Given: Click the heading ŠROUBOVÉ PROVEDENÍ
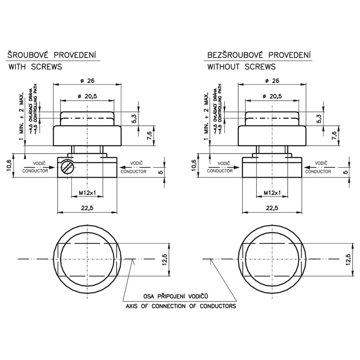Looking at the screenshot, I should [x=51, y=55].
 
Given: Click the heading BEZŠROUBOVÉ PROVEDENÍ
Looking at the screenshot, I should [x=259, y=55].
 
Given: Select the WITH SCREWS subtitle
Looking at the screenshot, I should [x=35, y=67].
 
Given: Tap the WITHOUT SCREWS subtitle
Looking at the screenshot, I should [x=241, y=67].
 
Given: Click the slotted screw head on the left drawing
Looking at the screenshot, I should [x=66, y=168].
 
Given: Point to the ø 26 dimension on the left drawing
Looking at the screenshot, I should [x=87, y=81].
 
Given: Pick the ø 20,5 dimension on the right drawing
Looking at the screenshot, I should [x=272, y=97].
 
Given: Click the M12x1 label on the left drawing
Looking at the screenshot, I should [x=88, y=193].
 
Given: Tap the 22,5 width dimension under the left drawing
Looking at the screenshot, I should [x=87, y=208].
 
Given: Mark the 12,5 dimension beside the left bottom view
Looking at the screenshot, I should [x=166, y=259].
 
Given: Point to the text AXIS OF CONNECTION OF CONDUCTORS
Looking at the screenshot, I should [x=180, y=305].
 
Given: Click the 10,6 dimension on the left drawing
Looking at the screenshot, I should [x=10, y=166].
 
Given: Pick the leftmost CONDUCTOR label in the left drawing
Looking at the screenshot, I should [x=35, y=171].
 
